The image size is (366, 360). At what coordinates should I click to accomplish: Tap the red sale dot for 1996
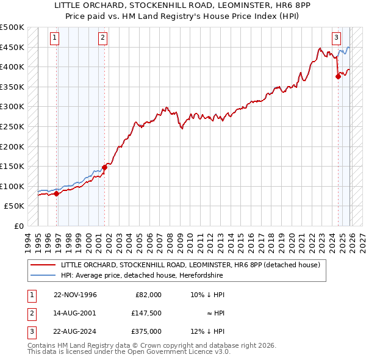57,193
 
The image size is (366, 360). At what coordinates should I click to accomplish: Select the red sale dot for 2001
104,167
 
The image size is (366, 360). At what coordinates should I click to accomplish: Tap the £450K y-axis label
12,47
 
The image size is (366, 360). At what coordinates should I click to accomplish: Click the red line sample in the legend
44,265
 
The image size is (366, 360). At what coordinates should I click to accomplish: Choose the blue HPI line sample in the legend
44,275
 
